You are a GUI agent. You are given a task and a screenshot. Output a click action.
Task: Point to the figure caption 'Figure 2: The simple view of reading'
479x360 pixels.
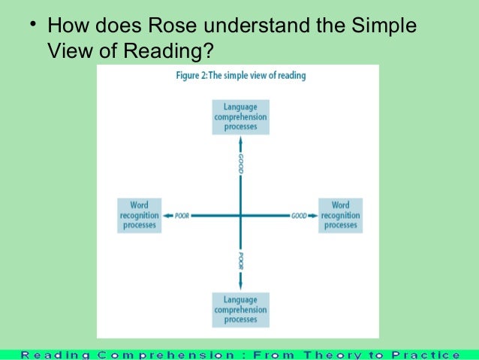point(239,76)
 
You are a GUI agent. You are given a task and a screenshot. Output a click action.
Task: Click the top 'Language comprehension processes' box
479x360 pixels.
point(240,117)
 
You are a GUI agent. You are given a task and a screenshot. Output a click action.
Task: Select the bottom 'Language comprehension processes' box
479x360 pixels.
point(240,310)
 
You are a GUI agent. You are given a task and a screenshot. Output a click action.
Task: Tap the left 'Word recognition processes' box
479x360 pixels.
point(139,215)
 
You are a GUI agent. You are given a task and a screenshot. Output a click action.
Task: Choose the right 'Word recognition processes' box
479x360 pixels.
point(340,215)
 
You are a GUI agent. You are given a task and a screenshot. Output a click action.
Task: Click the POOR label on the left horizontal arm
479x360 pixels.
point(181,216)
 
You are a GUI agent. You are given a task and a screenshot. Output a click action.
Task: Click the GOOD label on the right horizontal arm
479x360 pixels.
point(298,216)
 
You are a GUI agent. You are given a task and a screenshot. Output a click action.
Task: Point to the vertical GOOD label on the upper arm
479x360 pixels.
point(240,163)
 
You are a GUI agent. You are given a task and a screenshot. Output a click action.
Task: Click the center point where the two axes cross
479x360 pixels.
point(240,216)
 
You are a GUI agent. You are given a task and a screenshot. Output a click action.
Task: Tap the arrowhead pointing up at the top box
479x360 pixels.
point(240,140)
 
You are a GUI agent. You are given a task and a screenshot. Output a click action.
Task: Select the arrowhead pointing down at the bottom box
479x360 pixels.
point(240,287)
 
